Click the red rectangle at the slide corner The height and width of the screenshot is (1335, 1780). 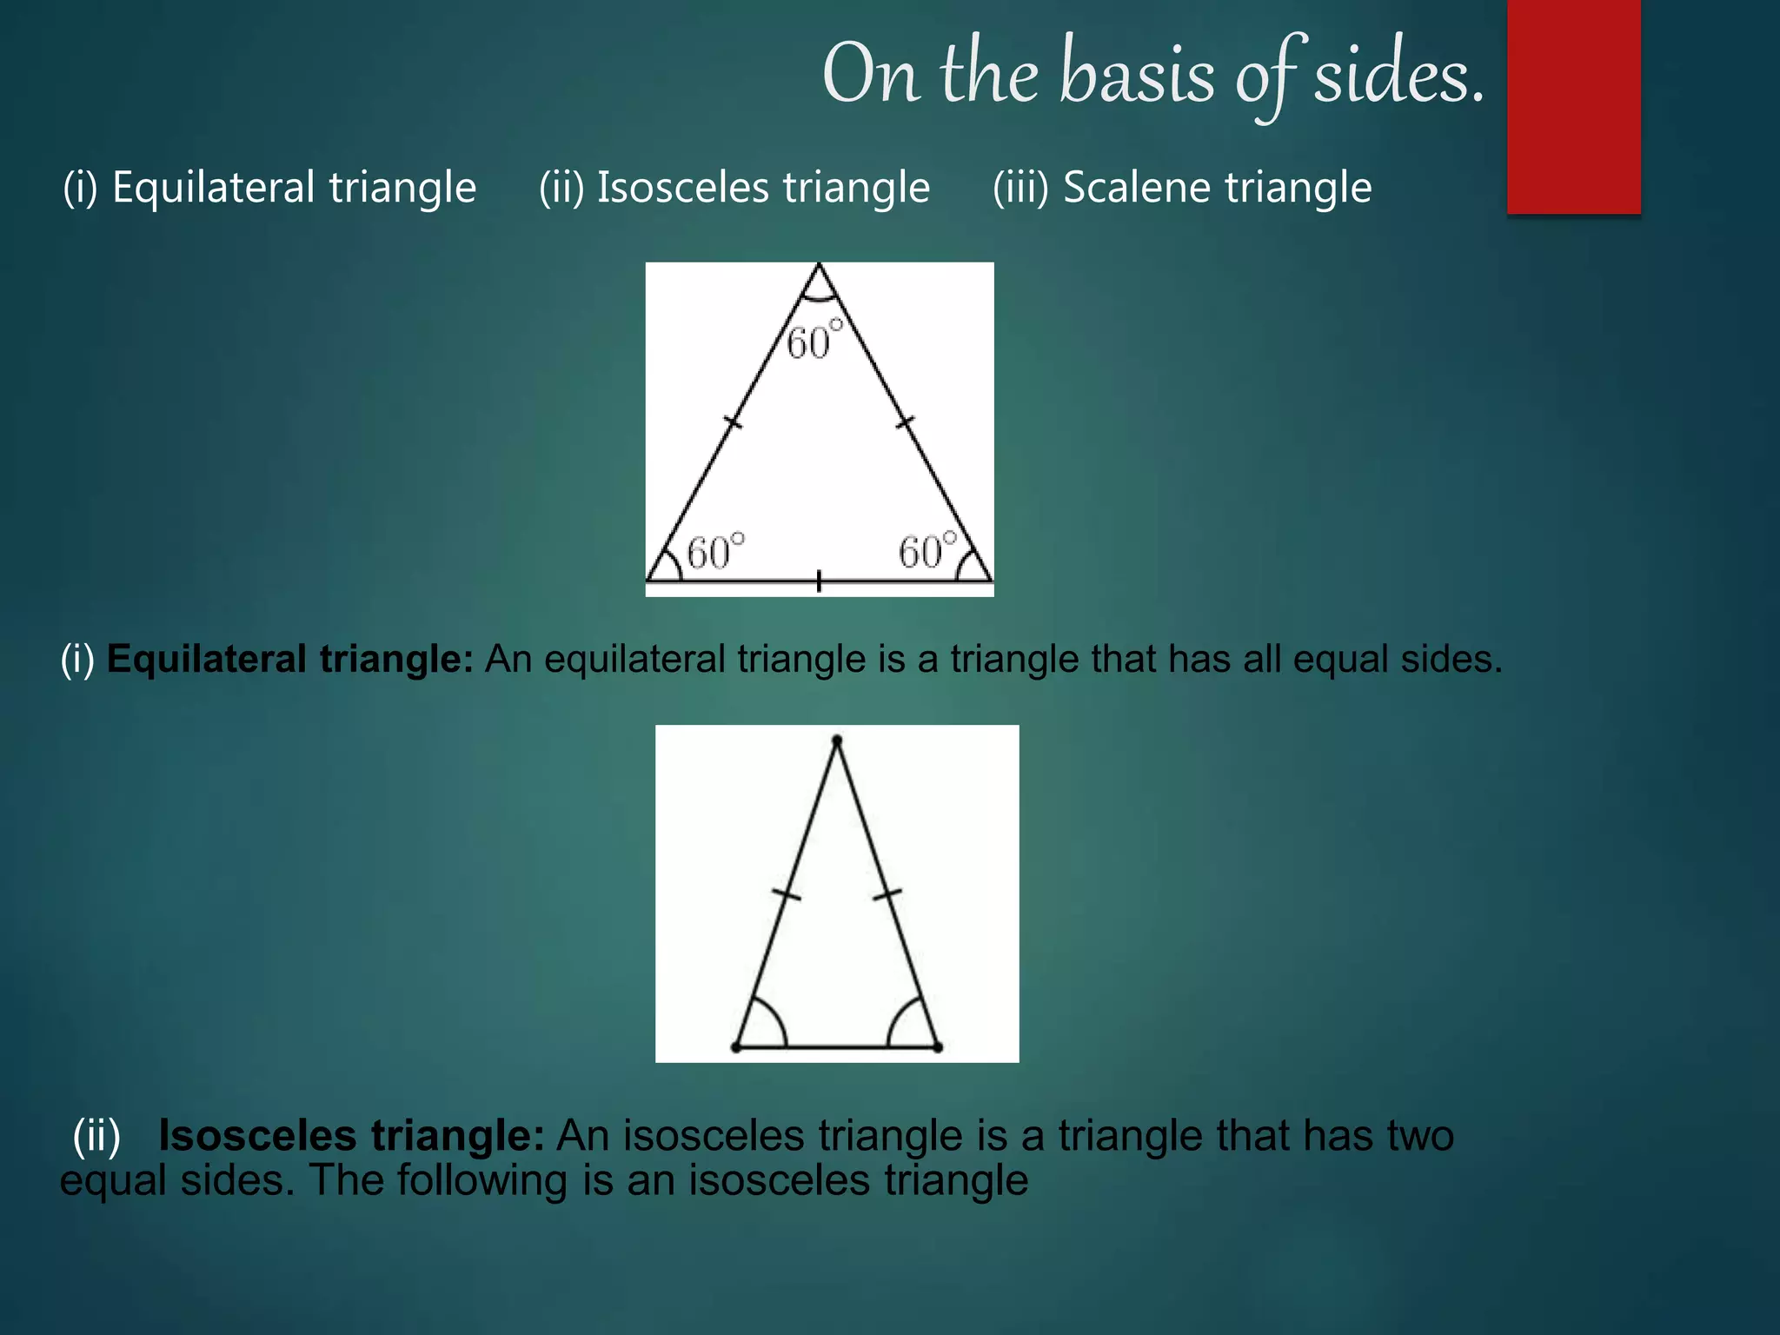[1573, 106]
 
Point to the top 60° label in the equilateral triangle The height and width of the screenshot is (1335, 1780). [814, 341]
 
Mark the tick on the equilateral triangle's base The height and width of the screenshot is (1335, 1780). [819, 581]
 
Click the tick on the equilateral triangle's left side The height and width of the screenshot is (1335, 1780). [733, 422]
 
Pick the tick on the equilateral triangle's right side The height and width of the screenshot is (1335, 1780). [906, 422]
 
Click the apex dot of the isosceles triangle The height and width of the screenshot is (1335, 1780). [837, 741]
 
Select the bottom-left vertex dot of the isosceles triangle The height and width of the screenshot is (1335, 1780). [736, 1047]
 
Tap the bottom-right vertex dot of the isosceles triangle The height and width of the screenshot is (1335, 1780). [938, 1047]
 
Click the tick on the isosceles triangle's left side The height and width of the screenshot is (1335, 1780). [786, 894]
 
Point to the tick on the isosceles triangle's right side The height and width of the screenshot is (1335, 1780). [887, 894]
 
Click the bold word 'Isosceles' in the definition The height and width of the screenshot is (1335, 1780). [257, 1135]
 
